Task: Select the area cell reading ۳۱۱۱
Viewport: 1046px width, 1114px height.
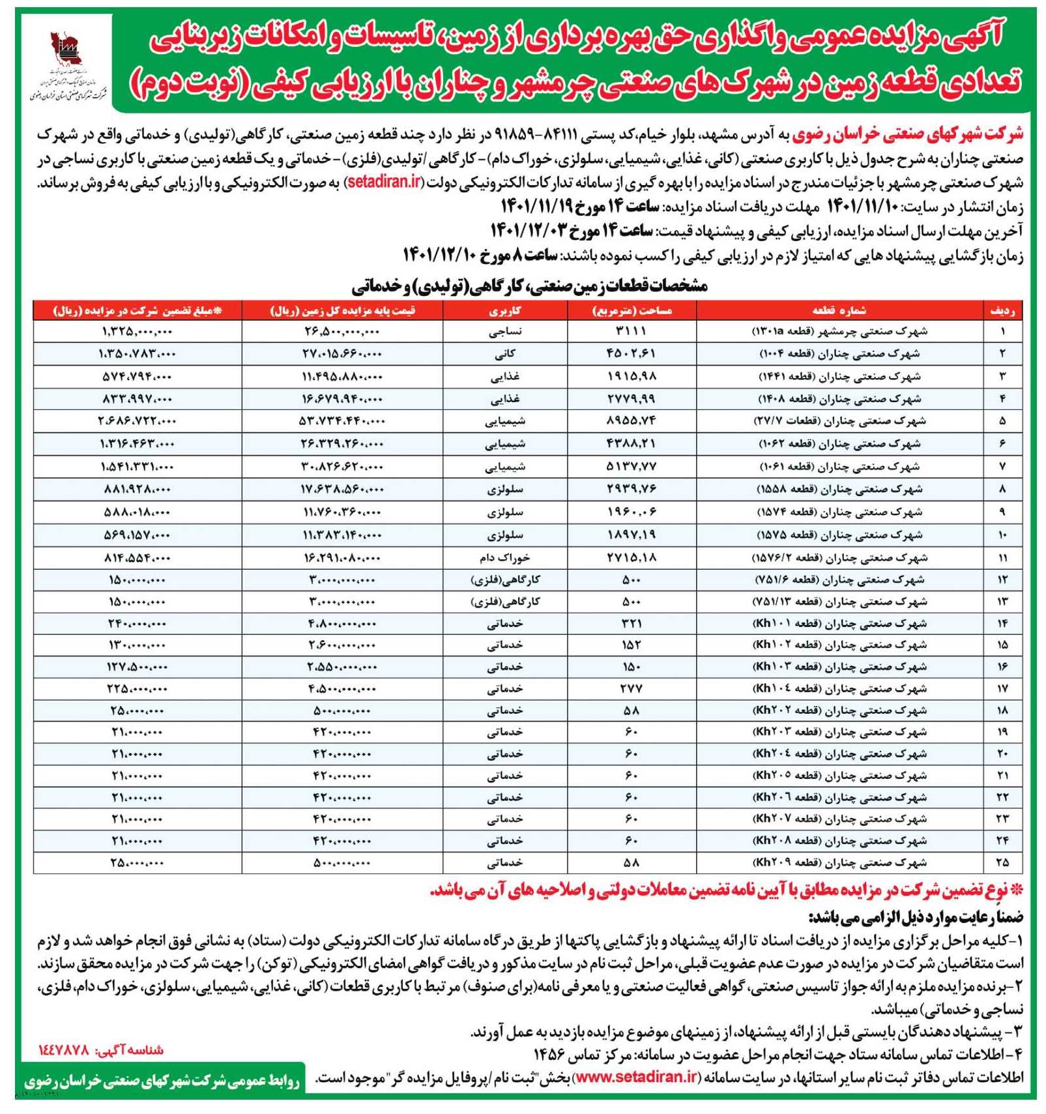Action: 631,331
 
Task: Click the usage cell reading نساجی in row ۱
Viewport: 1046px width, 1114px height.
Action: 505,331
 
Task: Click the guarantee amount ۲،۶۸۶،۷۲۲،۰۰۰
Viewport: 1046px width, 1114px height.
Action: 137,421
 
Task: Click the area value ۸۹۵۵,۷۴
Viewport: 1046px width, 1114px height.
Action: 631,421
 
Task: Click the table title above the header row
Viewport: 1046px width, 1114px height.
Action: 529,286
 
